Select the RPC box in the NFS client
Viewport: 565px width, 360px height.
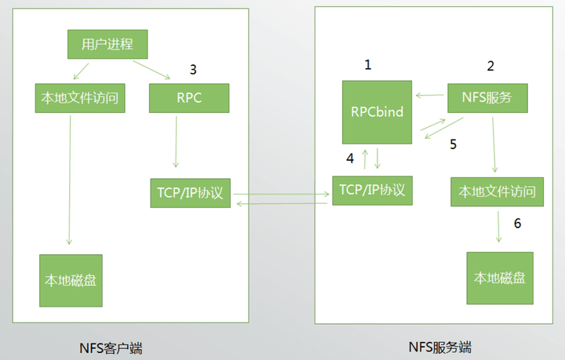point(189,98)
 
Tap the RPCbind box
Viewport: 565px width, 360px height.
point(377,112)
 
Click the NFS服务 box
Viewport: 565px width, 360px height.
point(487,98)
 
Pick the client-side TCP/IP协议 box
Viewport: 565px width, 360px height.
point(191,193)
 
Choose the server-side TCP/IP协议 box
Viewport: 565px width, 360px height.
point(373,191)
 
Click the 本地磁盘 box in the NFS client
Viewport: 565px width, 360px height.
point(71,280)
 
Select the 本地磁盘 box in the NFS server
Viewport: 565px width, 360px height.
point(500,278)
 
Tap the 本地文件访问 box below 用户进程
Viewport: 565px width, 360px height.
point(80,99)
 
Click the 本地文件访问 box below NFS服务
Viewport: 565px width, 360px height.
point(497,191)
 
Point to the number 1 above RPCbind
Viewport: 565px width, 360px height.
point(367,65)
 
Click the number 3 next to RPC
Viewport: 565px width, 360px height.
point(193,69)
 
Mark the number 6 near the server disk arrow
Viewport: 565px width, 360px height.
point(517,224)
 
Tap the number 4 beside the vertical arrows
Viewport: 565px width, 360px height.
point(350,158)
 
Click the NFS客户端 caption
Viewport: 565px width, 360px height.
point(111,347)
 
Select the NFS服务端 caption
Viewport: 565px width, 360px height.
point(440,346)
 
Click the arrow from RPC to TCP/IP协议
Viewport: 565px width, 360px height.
point(176,144)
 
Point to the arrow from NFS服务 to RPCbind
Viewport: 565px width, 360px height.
point(430,96)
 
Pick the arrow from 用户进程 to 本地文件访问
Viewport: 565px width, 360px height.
point(82,71)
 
